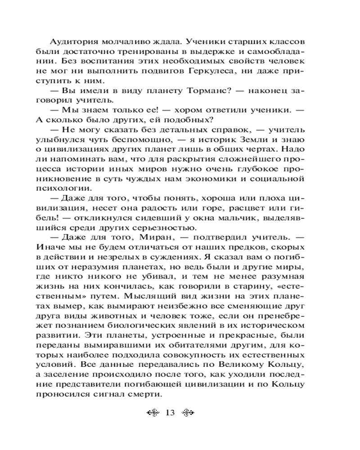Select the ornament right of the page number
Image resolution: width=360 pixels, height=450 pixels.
tap(191, 413)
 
